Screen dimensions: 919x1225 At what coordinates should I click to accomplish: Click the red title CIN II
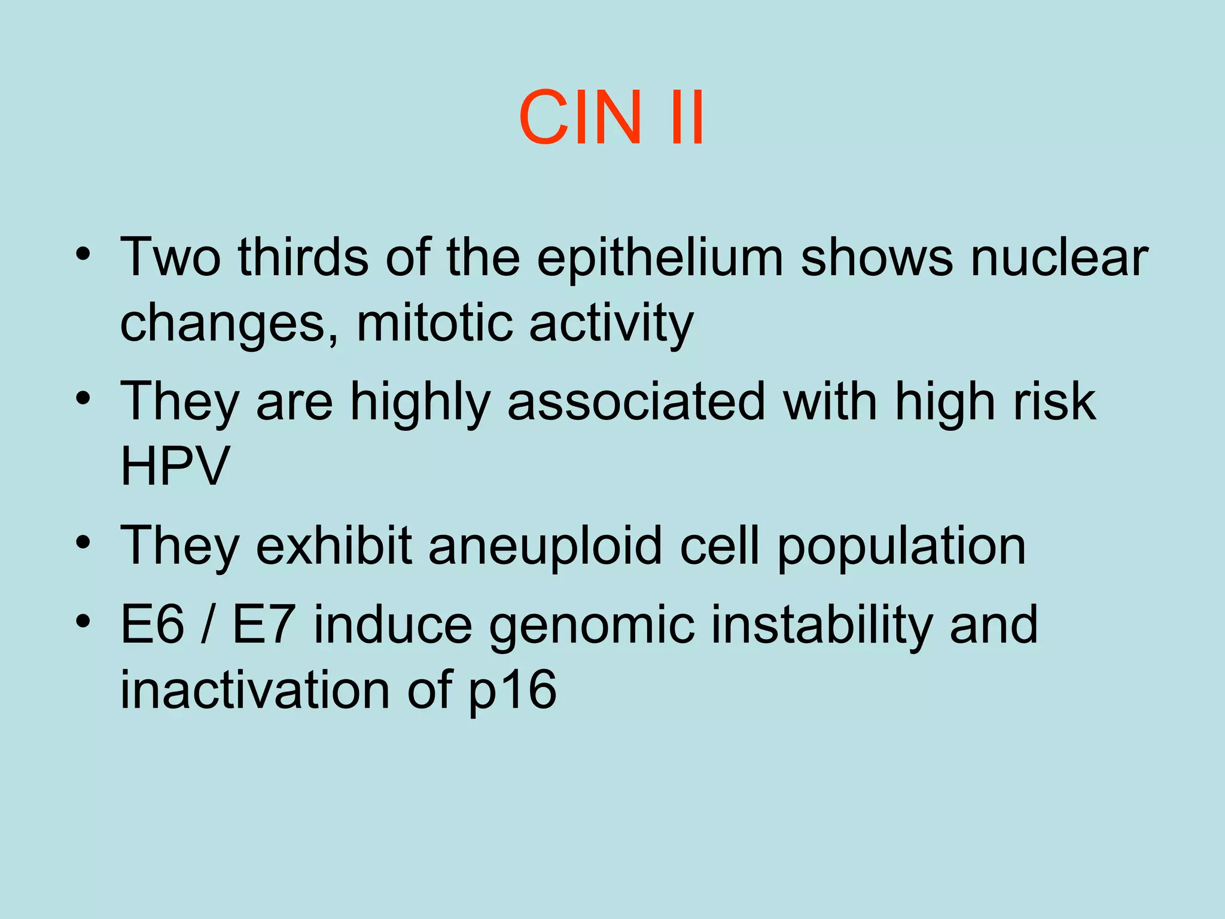click(x=611, y=118)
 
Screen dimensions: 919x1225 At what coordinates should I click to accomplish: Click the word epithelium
click(x=660, y=258)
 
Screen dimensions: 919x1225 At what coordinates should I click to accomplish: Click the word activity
click(x=611, y=324)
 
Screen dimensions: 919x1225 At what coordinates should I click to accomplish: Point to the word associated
click(x=636, y=402)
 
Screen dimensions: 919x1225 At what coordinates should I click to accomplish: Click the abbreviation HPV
click(x=175, y=467)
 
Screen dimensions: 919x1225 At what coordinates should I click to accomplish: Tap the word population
click(x=901, y=546)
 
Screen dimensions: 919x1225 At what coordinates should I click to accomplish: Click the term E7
click(x=263, y=625)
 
